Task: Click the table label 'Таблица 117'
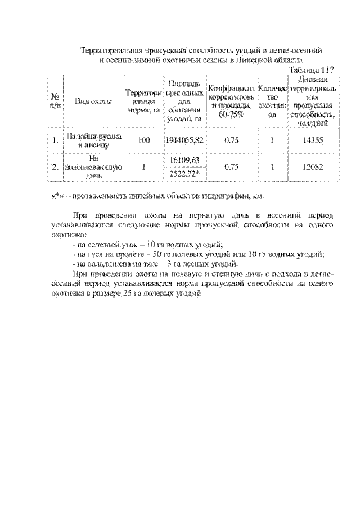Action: (x=311, y=70)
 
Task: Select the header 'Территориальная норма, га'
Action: (x=144, y=101)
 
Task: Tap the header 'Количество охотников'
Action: (x=272, y=101)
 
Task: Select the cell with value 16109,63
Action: (x=184, y=160)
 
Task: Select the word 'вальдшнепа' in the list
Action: (x=107, y=264)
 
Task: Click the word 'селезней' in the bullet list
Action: (x=103, y=244)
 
